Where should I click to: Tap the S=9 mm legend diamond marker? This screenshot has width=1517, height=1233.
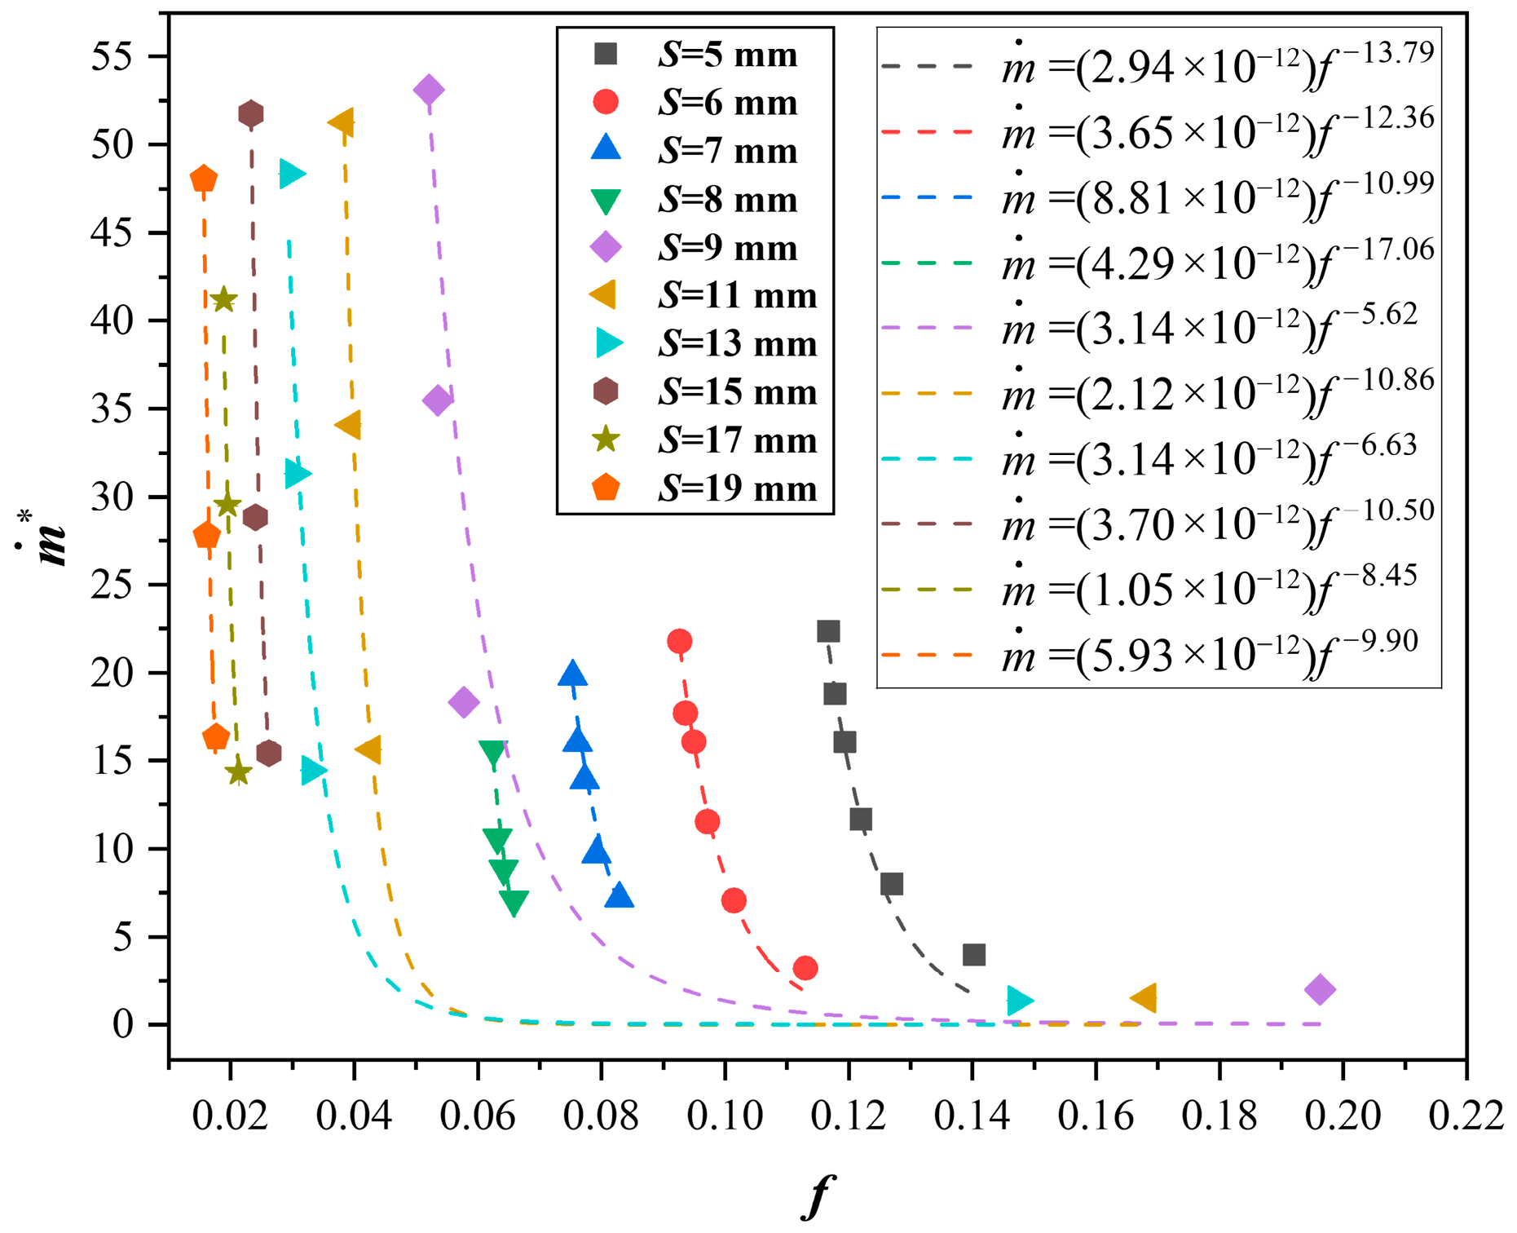(606, 247)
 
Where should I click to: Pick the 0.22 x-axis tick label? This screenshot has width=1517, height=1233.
(1466, 1116)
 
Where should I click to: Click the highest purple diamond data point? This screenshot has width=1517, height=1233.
(429, 90)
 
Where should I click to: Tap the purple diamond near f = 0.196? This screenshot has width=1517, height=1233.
(1320, 990)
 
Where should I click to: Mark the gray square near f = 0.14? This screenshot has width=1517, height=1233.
(974, 954)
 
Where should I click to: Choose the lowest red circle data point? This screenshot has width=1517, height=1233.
(805, 968)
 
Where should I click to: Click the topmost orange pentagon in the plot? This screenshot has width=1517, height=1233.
(203, 179)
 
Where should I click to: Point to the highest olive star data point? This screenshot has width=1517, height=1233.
(223, 300)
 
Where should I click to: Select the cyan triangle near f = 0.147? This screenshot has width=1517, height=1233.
(1019, 1001)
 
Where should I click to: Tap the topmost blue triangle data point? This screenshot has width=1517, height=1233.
(573, 674)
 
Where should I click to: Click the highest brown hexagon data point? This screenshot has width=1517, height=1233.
(251, 114)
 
